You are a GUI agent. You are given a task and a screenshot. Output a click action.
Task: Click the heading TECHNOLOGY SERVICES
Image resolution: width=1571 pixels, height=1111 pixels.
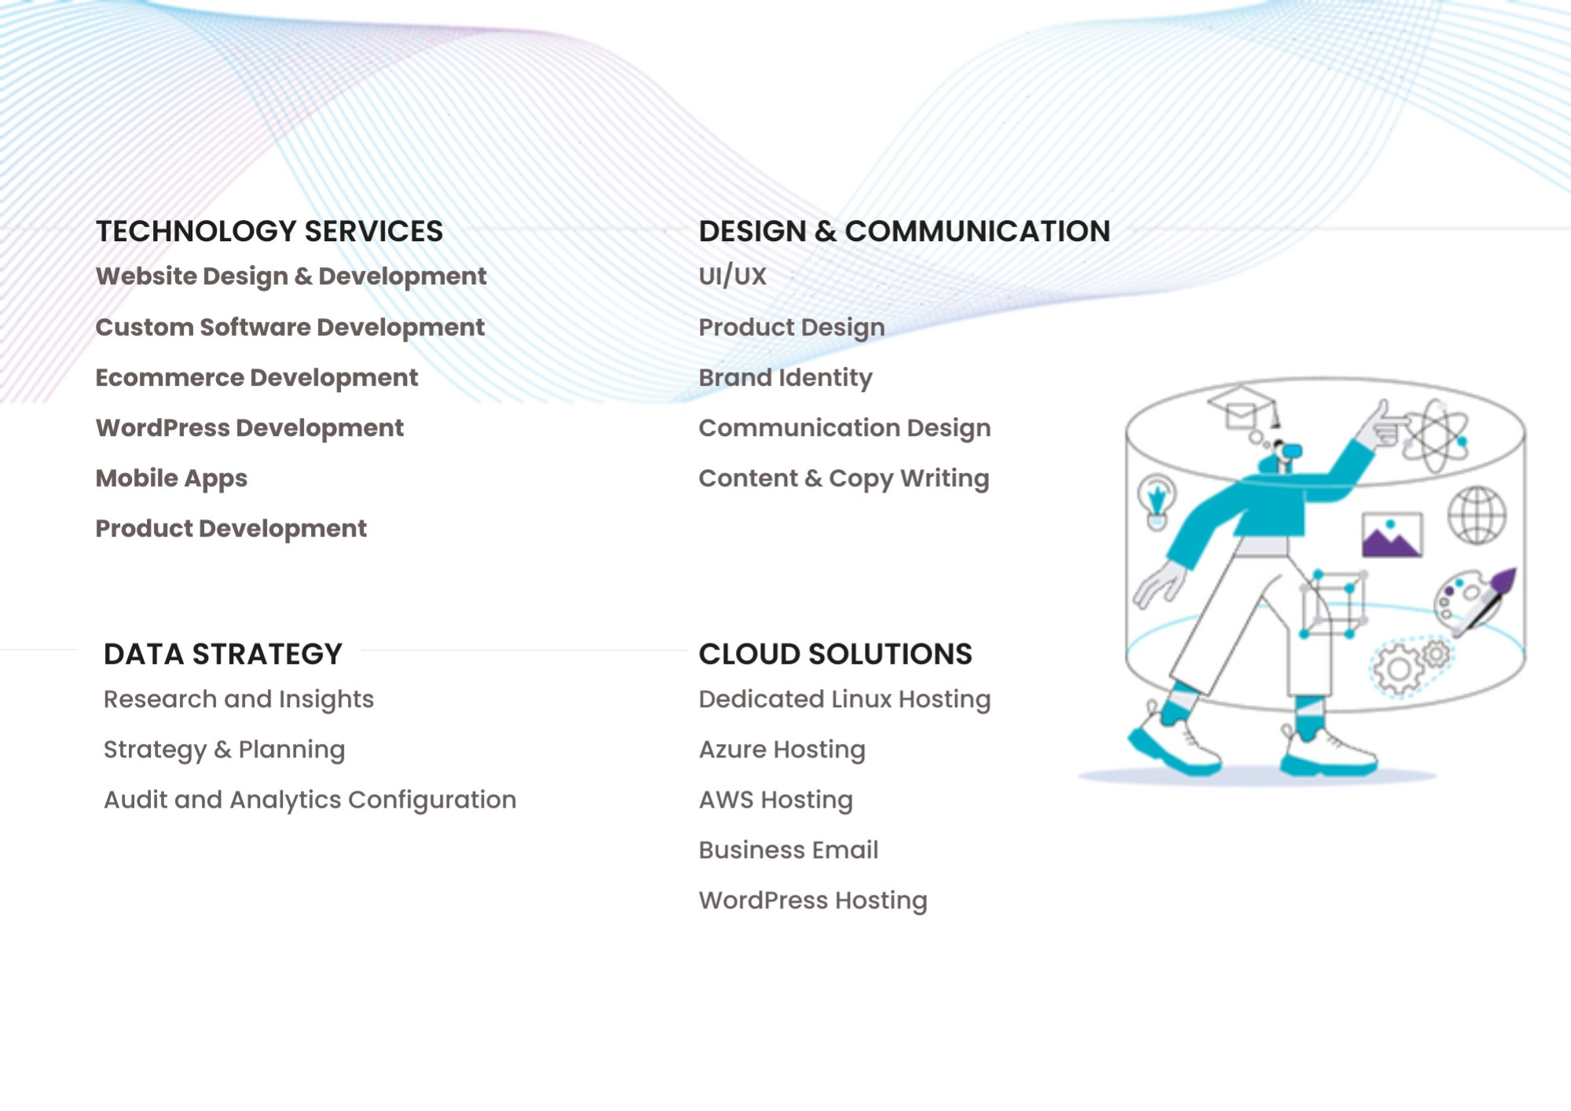pos(269,231)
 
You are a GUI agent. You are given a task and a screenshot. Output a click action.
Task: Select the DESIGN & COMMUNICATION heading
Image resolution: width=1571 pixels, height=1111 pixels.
pos(904,231)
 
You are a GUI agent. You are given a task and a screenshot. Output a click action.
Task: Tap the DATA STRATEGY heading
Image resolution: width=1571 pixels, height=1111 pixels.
pos(223,654)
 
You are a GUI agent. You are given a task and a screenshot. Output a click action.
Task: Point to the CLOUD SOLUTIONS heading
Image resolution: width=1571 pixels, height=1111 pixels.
pos(835,654)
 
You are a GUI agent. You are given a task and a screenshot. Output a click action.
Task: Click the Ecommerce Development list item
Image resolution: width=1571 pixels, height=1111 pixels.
pos(257,378)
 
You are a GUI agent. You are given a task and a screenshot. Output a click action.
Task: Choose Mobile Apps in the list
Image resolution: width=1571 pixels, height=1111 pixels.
pos(171,478)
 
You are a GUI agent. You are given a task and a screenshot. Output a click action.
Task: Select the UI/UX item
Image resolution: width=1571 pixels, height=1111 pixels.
pos(732,276)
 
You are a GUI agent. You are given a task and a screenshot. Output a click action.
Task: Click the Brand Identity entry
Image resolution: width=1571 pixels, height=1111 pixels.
pos(785,378)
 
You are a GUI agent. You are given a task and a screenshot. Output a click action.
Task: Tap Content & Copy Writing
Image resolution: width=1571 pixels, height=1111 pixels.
pos(844,478)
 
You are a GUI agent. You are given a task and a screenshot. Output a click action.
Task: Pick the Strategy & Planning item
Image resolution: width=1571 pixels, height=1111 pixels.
pos(224,750)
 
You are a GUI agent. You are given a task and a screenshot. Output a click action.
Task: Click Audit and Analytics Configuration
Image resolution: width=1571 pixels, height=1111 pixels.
pos(309,800)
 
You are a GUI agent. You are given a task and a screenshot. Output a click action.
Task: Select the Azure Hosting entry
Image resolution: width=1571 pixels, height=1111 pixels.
pos(782,750)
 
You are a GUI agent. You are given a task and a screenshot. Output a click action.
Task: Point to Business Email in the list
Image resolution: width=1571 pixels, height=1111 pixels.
pos(789,850)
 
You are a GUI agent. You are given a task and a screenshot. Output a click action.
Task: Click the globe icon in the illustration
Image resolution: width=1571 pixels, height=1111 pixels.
pos(1477,515)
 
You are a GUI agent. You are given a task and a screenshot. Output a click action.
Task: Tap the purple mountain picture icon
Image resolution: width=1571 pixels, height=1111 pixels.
pos(1392,535)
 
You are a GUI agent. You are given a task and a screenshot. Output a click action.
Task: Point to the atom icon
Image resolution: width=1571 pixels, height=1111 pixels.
pos(1435,434)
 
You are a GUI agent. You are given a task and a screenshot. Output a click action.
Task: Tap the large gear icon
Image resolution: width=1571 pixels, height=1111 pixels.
pos(1397,669)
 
